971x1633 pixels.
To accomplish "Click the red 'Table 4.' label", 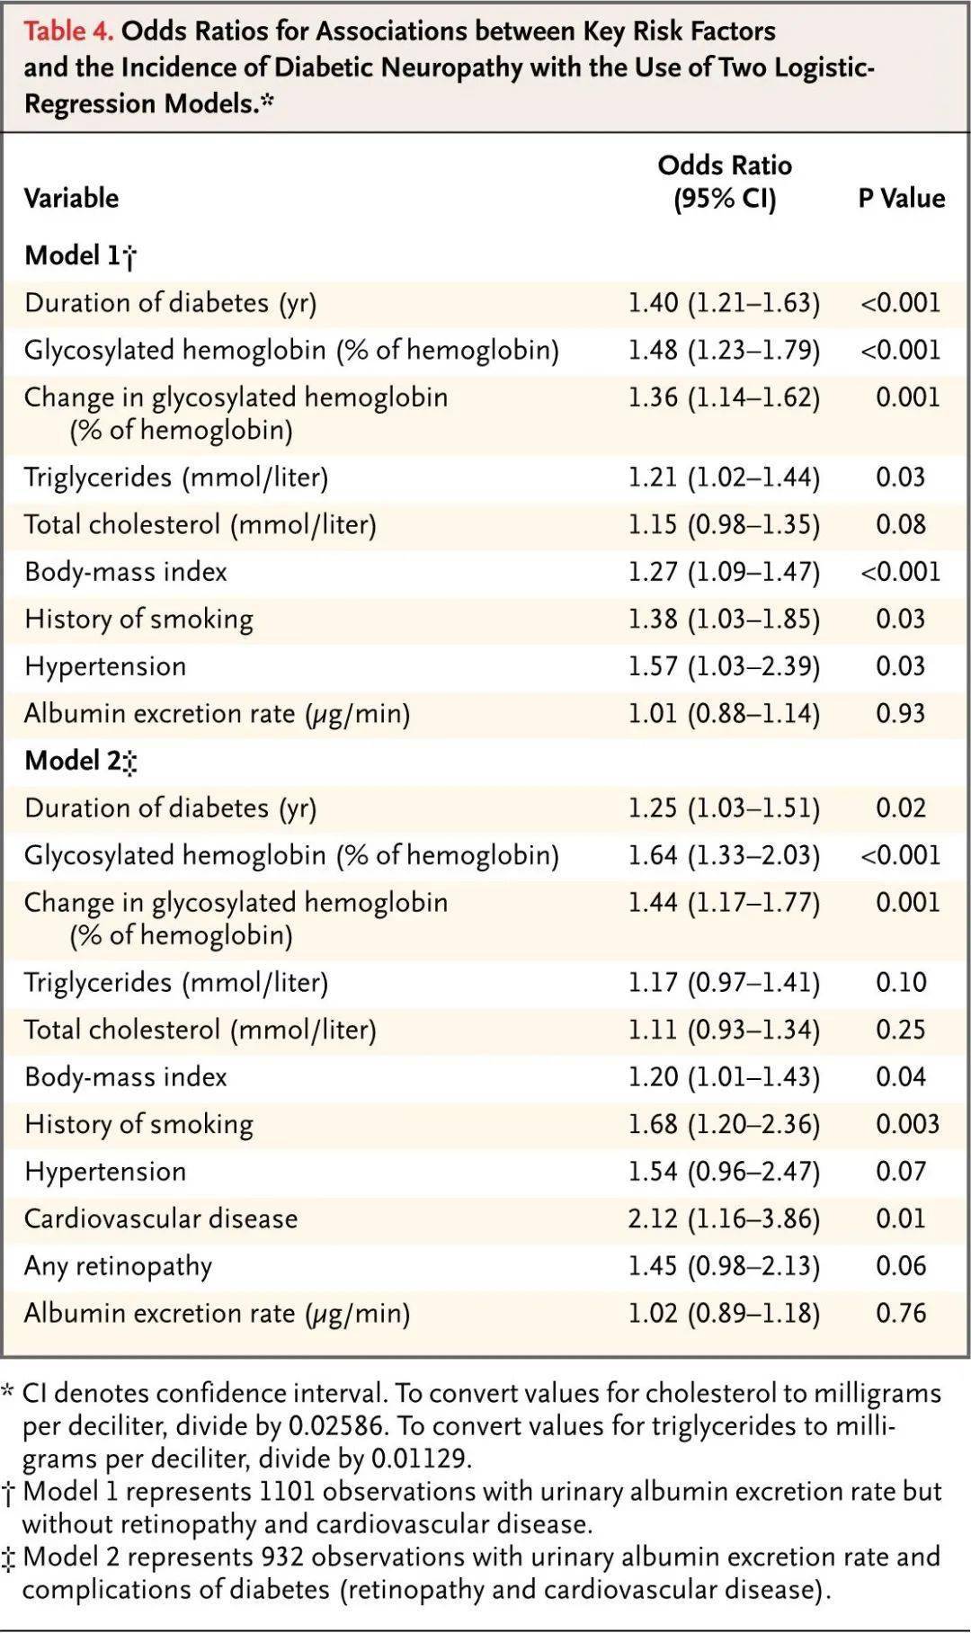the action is coord(68,31).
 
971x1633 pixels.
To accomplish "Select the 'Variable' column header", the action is coord(71,198).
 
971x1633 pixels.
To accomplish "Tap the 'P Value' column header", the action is coord(901,198).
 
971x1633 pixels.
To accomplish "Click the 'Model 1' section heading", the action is coord(80,256).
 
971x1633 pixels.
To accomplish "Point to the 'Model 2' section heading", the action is coord(80,762).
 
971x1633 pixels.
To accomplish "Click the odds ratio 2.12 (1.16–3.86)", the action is coord(724,1218).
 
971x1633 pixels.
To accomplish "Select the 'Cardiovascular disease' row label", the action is coord(161,1218).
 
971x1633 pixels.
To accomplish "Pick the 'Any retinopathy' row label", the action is coord(118,1266).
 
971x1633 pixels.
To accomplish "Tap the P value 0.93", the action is coord(901,713).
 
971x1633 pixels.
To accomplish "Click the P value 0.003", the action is coord(908,1124).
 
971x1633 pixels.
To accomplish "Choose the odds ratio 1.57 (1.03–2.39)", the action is coord(724,666).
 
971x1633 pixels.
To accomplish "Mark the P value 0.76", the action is coord(901,1313).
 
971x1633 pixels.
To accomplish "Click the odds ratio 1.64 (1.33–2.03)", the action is coord(724,855).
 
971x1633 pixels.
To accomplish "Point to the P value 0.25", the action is coord(901,1030).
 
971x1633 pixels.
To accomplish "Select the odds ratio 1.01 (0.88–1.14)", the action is coord(724,713).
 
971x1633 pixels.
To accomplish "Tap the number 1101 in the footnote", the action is coord(287,1492).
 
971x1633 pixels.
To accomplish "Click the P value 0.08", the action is coord(901,524).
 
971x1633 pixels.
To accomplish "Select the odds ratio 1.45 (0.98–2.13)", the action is coord(724,1266).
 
